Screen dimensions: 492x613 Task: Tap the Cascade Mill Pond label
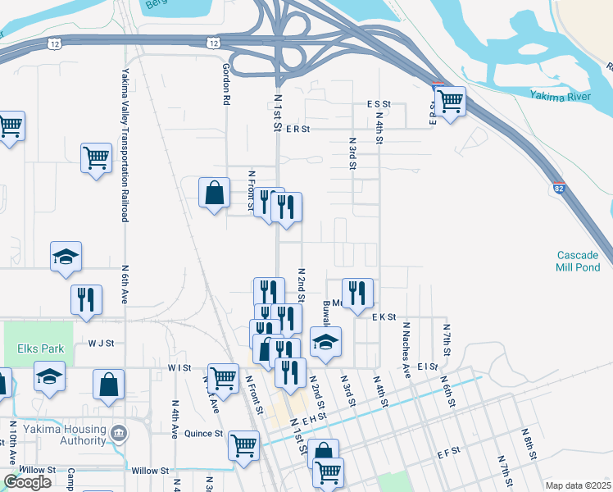point(579,261)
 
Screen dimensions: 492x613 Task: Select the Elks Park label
point(40,348)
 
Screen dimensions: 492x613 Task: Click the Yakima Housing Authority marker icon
point(119,431)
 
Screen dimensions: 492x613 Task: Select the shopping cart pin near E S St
point(448,102)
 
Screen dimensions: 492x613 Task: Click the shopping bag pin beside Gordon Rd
point(214,194)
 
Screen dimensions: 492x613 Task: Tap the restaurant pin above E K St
point(357,294)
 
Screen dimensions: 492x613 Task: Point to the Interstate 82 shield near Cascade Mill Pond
point(558,188)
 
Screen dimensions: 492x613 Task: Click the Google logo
point(28,482)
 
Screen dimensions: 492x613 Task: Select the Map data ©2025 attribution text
point(577,485)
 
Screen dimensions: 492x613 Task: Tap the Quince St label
point(203,433)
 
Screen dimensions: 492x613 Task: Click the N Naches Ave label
point(406,349)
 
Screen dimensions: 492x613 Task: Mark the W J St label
point(99,344)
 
